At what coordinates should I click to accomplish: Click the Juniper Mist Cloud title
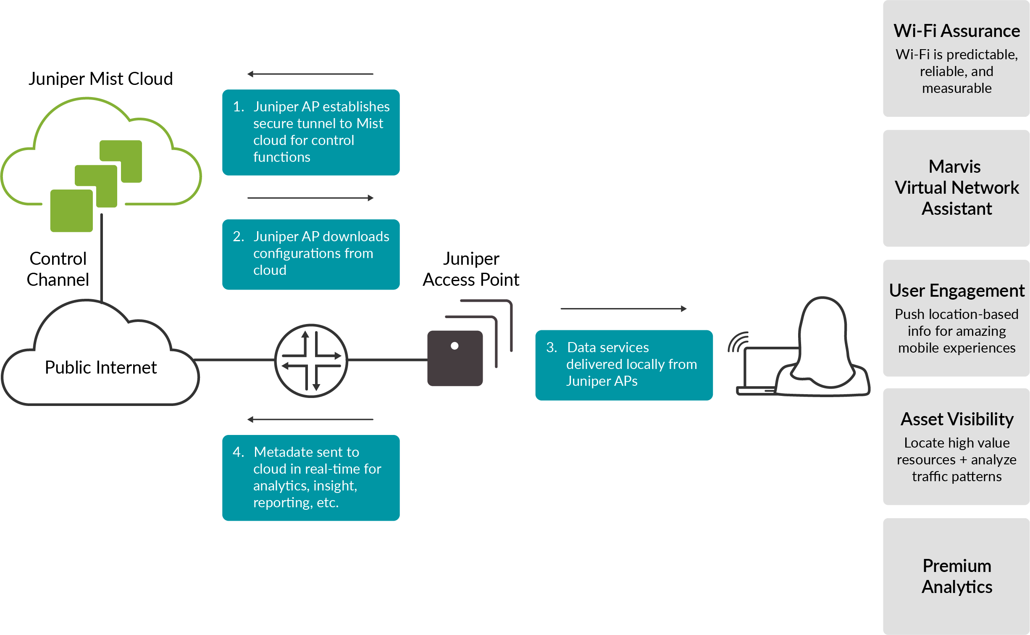100,79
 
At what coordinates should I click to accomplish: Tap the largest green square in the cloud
71,211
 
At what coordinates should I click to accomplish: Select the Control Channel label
58,269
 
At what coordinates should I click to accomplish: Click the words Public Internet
100,368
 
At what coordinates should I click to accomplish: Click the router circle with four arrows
311,361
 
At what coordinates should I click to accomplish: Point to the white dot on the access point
455,346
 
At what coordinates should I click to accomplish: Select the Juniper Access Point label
471,269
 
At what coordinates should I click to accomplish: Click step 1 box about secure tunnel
311,132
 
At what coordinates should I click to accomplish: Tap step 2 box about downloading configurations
311,254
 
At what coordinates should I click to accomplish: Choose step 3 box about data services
624,365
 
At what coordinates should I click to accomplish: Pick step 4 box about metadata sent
311,477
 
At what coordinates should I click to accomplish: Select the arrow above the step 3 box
623,308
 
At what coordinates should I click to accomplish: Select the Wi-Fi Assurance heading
956,31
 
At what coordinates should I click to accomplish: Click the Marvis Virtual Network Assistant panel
956,188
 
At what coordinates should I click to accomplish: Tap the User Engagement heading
956,291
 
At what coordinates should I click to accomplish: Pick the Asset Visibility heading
956,419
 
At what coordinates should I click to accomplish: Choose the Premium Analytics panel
956,576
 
